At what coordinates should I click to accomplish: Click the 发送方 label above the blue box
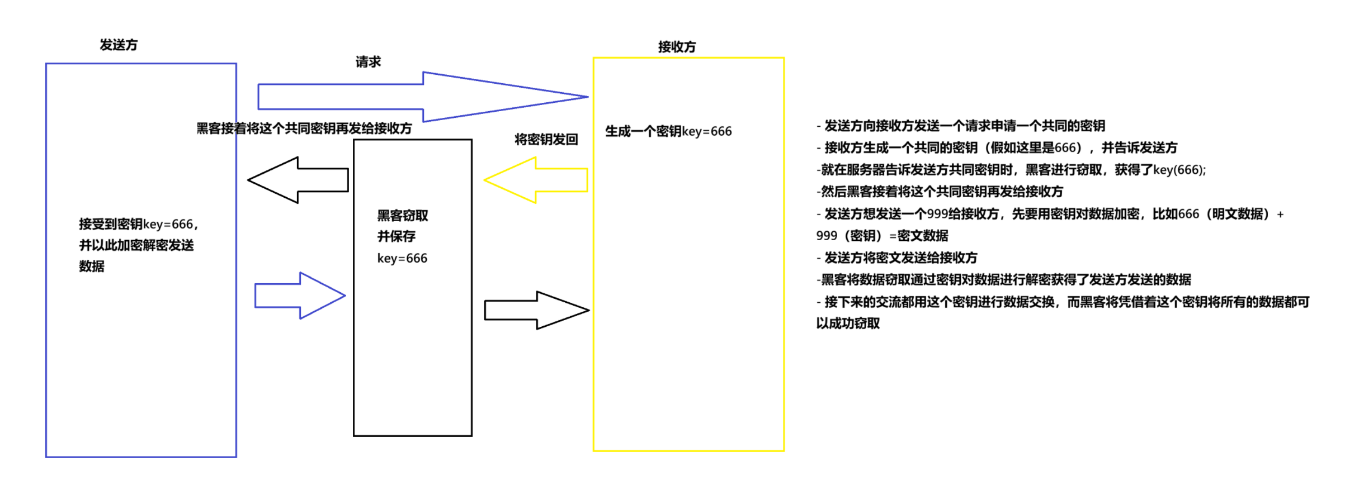click(119, 45)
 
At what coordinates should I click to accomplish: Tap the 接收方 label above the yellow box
click(677, 47)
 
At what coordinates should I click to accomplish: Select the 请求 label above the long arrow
click(368, 62)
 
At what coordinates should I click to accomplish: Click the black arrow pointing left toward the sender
click(298, 180)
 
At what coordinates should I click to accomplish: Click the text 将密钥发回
click(546, 140)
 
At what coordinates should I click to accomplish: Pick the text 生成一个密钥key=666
click(668, 131)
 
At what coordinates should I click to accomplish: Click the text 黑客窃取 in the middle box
click(403, 216)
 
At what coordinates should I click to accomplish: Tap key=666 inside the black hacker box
click(402, 258)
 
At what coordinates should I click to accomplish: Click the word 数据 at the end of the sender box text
click(92, 266)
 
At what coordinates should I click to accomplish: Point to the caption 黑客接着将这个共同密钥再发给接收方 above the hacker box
click(304, 128)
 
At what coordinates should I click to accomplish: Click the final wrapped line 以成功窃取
click(848, 323)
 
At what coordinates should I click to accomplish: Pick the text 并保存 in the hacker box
click(396, 236)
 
